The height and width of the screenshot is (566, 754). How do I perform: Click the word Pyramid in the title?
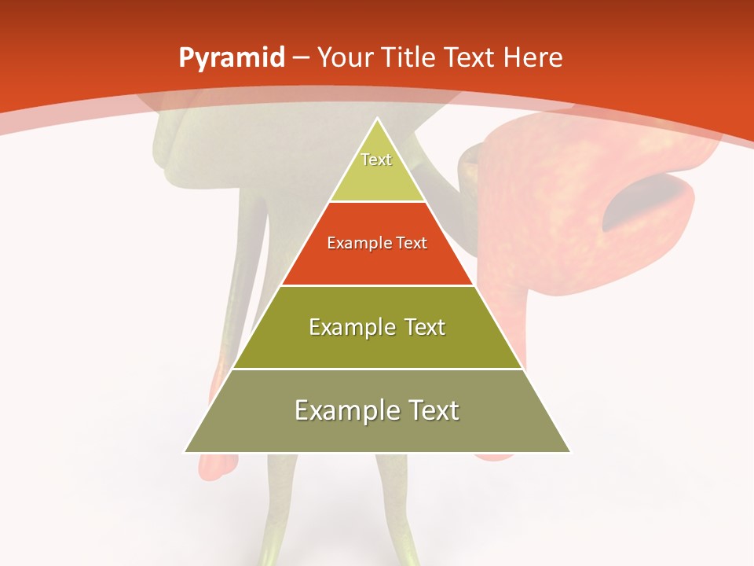tap(231, 58)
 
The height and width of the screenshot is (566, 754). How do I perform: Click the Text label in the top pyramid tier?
tap(376, 160)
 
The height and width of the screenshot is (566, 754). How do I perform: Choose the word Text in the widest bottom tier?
tap(432, 410)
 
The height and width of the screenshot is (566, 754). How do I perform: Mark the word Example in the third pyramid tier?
tap(350, 327)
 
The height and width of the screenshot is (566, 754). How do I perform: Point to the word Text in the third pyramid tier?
tap(423, 327)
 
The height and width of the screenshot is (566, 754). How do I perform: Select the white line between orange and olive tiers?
tap(378, 285)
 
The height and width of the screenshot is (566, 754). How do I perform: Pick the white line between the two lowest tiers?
tap(378, 369)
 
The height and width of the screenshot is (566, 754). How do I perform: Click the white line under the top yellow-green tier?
tap(378, 202)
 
